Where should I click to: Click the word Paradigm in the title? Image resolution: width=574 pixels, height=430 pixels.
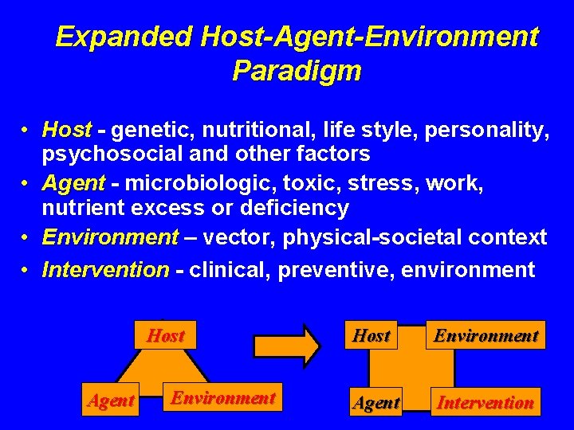click(297, 71)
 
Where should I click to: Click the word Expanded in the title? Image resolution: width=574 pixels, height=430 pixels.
click(124, 37)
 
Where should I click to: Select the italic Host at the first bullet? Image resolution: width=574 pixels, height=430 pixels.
click(67, 129)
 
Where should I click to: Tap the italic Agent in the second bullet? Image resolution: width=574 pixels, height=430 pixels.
click(73, 183)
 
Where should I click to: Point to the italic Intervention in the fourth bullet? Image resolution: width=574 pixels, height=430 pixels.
click(105, 270)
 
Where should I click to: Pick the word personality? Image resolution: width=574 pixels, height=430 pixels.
click(489, 129)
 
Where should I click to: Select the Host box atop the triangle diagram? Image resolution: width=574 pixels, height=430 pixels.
click(165, 336)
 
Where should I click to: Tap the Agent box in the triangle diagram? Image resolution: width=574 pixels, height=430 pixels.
click(111, 401)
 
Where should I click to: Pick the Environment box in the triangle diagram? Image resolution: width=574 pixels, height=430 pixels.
click(223, 398)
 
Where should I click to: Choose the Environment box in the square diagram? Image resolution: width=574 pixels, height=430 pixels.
click(486, 336)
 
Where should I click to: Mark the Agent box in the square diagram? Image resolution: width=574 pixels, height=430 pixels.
click(376, 403)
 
